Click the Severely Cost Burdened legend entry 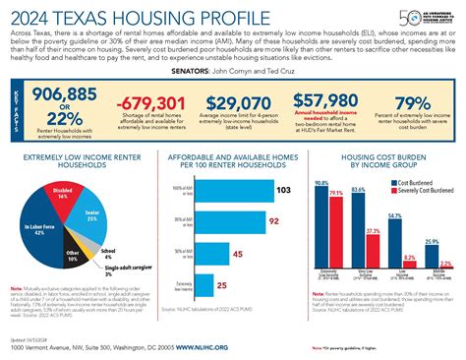(420, 191)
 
